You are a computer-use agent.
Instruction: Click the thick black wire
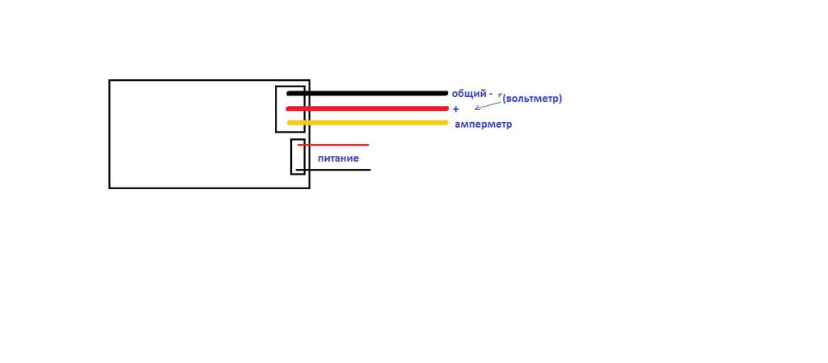[367, 94]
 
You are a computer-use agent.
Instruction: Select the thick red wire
[367, 108]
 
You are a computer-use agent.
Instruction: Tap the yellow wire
[367, 123]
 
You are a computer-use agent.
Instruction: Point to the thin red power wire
[333, 145]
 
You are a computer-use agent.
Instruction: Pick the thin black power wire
[333, 170]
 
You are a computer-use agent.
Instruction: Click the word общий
[469, 94]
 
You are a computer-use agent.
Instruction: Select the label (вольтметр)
[532, 99]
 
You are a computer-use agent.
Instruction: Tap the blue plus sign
[456, 109]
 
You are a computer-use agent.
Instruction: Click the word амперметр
[484, 125]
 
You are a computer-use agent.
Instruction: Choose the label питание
[338, 158]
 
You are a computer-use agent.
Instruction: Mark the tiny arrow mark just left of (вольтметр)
[499, 96]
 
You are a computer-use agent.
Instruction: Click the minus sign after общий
[491, 95]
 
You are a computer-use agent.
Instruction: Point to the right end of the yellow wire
[446, 123]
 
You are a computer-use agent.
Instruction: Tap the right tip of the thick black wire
[446, 94]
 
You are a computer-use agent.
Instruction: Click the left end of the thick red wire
[288, 108]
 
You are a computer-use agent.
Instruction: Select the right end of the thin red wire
[368, 145]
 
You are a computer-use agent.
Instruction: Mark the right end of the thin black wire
[370, 170]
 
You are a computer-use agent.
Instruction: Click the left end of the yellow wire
[289, 123]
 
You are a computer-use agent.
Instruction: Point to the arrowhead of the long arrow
[475, 109]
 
